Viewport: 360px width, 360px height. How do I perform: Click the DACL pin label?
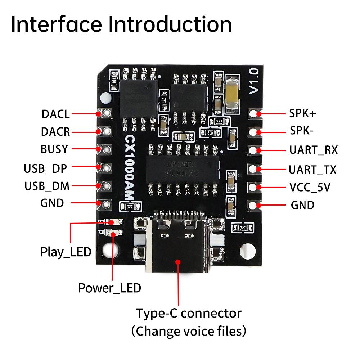tap(55, 114)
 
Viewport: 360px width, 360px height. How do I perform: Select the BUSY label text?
tap(54, 149)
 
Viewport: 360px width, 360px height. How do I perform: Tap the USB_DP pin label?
tap(45, 168)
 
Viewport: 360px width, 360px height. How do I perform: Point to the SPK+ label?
tap(303, 114)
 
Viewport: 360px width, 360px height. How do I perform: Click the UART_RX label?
tap(314, 150)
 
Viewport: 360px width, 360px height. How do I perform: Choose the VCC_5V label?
tap(310, 187)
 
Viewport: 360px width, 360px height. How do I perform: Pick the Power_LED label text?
tap(109, 288)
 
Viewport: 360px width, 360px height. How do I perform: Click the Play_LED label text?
tap(66, 252)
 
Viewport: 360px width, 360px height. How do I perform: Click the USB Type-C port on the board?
tap(177, 248)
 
